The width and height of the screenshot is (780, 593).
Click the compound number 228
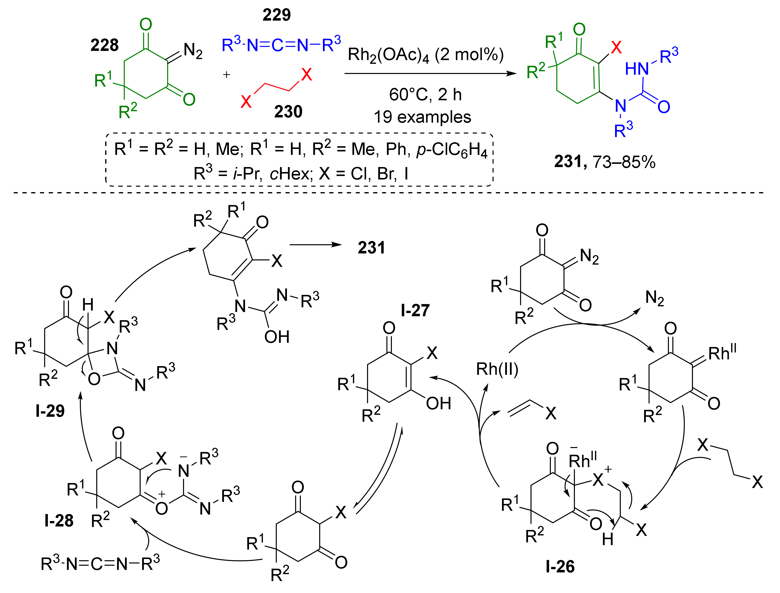pos(104,45)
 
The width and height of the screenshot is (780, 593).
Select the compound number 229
pos(277,15)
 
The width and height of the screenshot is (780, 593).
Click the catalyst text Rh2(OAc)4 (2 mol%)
pos(426,55)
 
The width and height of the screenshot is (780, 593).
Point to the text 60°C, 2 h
pos(425,95)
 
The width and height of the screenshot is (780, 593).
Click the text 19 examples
pos(422,117)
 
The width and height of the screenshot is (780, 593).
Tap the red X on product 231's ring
pos(616,47)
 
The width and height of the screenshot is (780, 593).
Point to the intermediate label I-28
pos(59,521)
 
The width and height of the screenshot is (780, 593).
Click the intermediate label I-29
pos(50,411)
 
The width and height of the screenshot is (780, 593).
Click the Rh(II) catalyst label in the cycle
pos(497,369)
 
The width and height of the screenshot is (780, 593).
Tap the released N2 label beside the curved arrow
pos(655,298)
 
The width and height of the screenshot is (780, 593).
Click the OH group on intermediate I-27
pos(438,403)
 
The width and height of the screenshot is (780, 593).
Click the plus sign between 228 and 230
pos(226,75)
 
